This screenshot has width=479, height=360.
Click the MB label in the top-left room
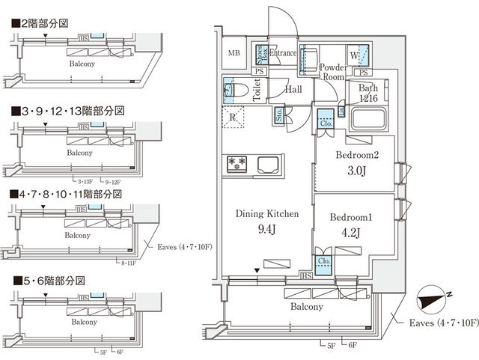pyautogui.click(x=234, y=53)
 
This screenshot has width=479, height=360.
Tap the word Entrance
pyautogui.click(x=282, y=53)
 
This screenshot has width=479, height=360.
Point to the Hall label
pyautogui.click(x=293, y=89)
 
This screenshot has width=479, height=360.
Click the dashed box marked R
pyautogui.click(x=234, y=118)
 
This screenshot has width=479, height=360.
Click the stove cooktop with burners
pyautogui.click(x=238, y=163)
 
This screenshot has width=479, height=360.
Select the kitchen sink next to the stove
pyautogui.click(x=267, y=164)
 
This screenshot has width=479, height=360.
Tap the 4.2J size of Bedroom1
pyautogui.click(x=350, y=231)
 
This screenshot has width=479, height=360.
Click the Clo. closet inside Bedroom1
pyautogui.click(x=324, y=262)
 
